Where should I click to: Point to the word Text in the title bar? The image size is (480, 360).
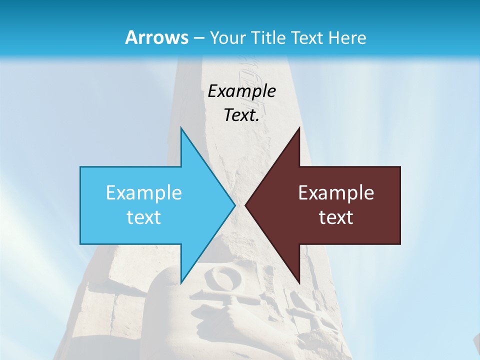click(x=310, y=38)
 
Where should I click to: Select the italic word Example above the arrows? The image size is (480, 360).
click(x=241, y=91)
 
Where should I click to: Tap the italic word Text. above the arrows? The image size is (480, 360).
click(x=241, y=115)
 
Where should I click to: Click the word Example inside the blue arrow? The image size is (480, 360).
click(x=144, y=193)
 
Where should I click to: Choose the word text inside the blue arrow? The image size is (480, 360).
click(x=144, y=217)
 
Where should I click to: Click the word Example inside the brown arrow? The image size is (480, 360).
click(x=336, y=193)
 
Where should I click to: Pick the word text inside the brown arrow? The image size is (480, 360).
click(x=336, y=217)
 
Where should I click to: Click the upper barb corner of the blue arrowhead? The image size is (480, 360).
click(x=181, y=128)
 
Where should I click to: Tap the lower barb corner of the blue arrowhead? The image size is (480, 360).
click(x=181, y=282)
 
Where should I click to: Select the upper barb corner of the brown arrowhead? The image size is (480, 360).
click(x=299, y=128)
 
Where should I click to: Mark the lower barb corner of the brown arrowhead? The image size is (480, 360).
click(x=299, y=282)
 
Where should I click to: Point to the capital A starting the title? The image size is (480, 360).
click(x=131, y=38)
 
